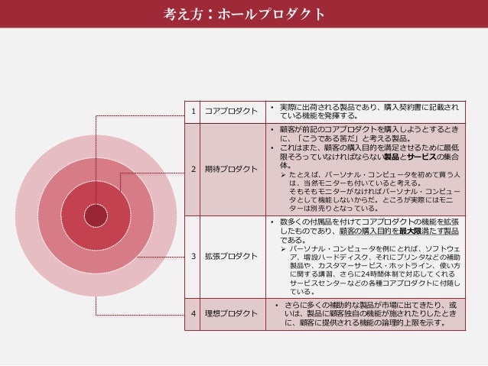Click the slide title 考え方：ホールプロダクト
tap(243, 14)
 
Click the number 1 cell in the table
tap(194, 111)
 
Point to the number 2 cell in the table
tap(194, 168)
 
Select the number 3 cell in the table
tap(194, 256)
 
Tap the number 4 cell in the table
tap(194, 313)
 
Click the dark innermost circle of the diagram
tap(96, 215)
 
